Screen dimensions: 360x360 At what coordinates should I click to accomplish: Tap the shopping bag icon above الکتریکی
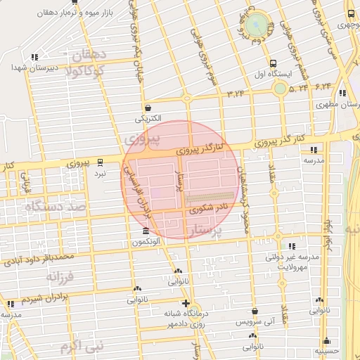tap(148, 108)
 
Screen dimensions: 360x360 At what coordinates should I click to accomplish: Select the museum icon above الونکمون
tap(146, 231)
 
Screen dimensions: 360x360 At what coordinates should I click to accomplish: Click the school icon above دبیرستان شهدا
tap(35, 58)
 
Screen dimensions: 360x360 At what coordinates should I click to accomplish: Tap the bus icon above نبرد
tap(101, 161)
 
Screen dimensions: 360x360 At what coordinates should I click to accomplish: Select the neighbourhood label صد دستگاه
tap(54, 207)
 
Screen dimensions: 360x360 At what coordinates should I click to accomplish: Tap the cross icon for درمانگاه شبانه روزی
tap(185, 303)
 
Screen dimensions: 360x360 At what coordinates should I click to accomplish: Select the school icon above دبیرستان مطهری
tap(342, 93)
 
